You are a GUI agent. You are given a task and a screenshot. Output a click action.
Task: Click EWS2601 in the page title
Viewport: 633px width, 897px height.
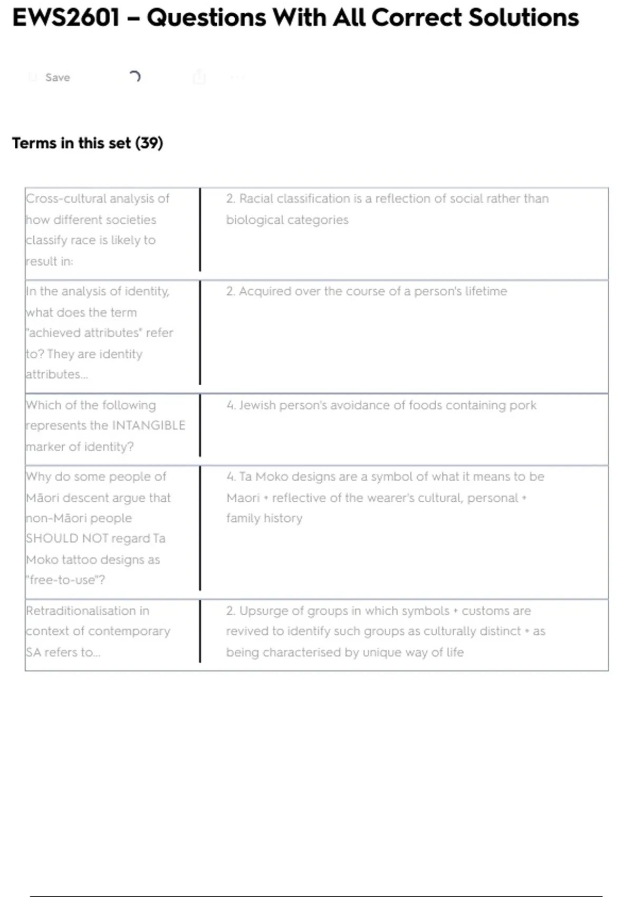coord(66,18)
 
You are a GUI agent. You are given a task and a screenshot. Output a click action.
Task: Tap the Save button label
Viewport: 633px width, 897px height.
coord(57,78)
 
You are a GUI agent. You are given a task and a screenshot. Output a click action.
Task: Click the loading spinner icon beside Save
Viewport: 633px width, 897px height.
coord(135,77)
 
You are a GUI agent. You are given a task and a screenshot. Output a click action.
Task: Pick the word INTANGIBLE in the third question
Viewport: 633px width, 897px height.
coord(148,426)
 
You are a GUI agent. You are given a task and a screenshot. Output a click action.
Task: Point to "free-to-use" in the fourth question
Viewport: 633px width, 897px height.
coord(65,580)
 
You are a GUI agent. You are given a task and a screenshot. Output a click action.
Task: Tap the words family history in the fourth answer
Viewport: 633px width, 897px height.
coord(264,518)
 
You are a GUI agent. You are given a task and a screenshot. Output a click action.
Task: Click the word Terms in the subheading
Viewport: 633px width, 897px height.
coord(34,143)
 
